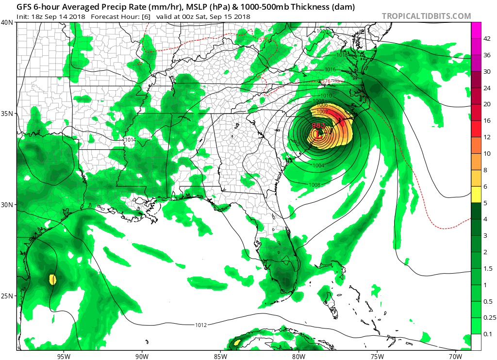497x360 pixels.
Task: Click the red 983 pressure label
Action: tap(318, 125)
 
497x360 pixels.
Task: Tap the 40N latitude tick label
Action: tap(8, 22)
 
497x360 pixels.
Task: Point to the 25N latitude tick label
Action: tap(8, 296)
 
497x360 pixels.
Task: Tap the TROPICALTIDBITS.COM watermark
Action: tap(426, 16)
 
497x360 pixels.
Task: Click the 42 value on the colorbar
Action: tap(487, 38)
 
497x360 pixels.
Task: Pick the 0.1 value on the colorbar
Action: tap(487, 334)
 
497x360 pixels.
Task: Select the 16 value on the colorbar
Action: tap(487, 120)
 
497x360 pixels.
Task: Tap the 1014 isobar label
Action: tap(130, 140)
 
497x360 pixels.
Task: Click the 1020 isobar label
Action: tap(322, 31)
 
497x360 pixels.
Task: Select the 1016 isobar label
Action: tap(331, 70)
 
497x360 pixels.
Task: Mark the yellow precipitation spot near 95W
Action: tap(52, 279)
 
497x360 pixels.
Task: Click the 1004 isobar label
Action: tap(319, 166)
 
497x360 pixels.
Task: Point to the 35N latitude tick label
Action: tap(8, 114)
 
